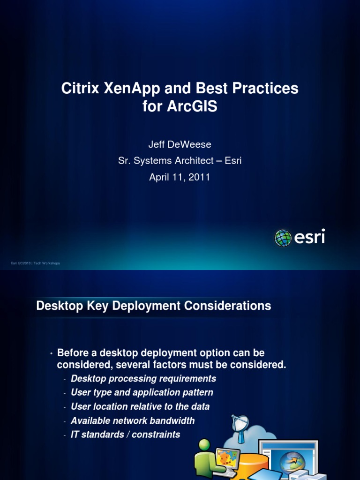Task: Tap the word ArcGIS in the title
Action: (192, 106)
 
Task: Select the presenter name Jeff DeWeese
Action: (180, 145)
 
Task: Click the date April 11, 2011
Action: (180, 177)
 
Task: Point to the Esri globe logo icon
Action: (283, 238)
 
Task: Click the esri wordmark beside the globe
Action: (309, 238)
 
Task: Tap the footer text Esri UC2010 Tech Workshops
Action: (35, 263)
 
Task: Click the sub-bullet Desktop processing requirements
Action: (143, 378)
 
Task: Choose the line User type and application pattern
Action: (142, 392)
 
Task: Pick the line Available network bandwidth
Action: (133, 420)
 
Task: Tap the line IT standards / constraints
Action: (125, 435)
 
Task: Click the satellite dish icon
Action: (240, 424)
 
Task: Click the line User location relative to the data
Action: (140, 406)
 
